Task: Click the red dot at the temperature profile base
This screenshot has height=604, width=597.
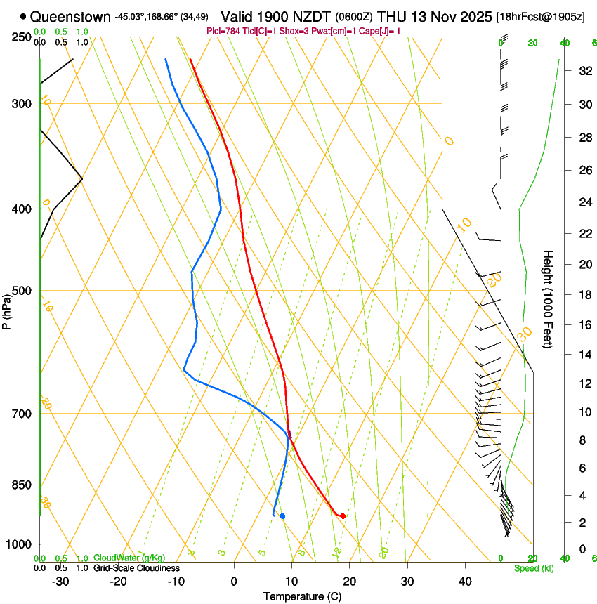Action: tap(343, 516)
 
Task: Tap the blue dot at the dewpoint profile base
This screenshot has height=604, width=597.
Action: tap(282, 516)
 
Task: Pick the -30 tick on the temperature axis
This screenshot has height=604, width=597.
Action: tap(60, 581)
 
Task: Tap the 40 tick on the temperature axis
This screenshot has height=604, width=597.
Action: tap(465, 581)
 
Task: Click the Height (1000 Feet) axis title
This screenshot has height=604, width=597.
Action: tap(549, 299)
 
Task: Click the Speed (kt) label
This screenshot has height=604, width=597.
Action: tap(533, 568)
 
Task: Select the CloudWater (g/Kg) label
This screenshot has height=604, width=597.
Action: tap(129, 558)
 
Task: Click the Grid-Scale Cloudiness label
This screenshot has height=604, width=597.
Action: tap(136, 568)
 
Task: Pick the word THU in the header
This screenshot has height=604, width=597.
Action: tap(392, 16)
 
